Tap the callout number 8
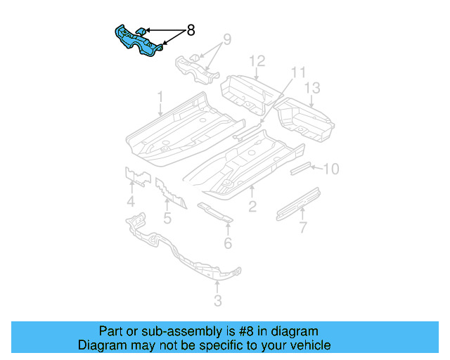(190, 31)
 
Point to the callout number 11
(299, 72)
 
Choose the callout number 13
(312, 88)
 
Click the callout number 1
(160, 96)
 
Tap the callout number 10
(330, 169)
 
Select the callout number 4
(131, 203)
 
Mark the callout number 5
(167, 218)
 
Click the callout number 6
(228, 243)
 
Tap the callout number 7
(303, 227)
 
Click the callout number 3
(217, 301)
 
